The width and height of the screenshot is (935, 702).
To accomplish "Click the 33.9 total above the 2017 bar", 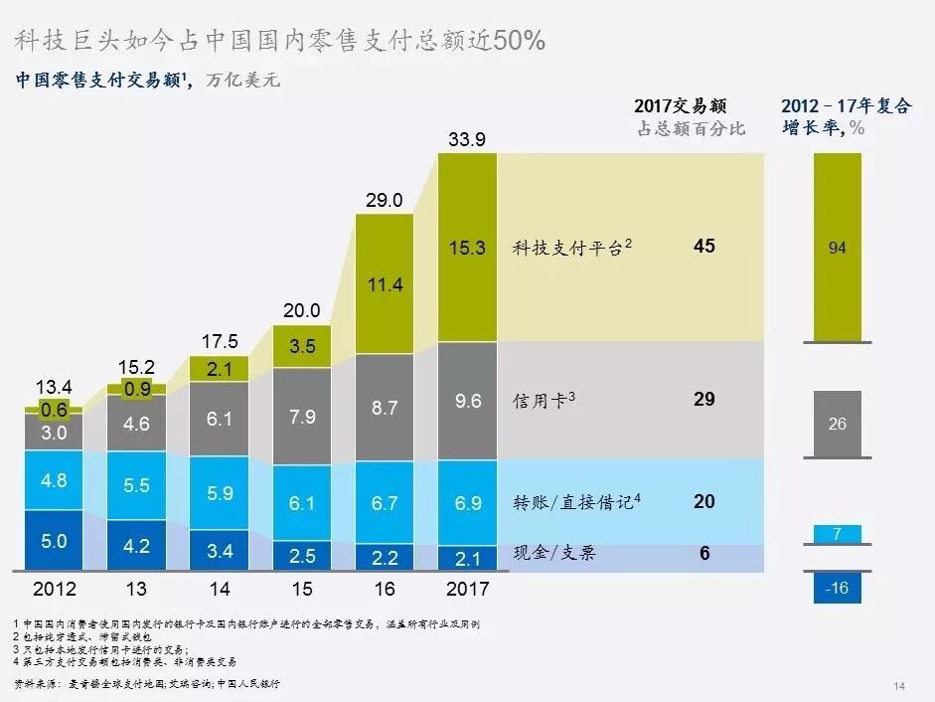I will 466,140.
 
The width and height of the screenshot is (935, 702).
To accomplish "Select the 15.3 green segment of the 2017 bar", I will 466,248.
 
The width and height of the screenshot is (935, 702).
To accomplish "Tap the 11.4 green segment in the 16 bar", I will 384,285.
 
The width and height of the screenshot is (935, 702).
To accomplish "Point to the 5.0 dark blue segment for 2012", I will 54,541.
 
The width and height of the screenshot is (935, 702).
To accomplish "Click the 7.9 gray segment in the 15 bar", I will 301,416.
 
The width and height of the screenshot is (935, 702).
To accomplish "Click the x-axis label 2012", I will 54,589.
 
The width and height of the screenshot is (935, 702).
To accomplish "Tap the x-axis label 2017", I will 466,589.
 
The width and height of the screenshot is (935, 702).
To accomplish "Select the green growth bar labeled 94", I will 838,248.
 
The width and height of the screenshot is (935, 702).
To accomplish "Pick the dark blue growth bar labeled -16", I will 838,588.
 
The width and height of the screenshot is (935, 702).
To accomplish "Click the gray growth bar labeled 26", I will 838,424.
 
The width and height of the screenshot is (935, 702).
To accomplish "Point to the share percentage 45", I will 703,246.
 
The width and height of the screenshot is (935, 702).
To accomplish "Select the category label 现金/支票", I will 554,553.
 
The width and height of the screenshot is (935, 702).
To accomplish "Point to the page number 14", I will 899,686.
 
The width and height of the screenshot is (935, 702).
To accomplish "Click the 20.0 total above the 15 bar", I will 301,310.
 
